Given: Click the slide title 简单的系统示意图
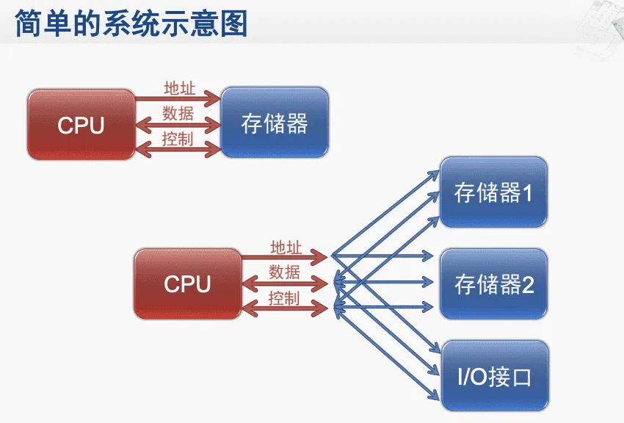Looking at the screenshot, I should coord(131,23).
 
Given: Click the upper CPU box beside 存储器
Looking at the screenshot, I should coord(81,125).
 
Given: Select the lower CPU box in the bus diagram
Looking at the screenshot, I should coord(187,283).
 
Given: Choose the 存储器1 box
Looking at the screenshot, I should coord(493,193).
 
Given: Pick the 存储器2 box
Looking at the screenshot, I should coord(493,284).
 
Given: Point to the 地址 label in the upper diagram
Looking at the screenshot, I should coord(179,88).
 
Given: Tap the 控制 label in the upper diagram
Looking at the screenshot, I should coord(178,137).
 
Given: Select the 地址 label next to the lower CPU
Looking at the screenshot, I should coord(286,247).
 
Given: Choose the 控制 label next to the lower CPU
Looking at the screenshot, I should coord(284,297).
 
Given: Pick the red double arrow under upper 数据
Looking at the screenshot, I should coord(177,124).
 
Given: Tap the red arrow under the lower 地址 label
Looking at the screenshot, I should coord(283,257).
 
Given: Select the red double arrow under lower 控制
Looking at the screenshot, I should coord(283,308).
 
